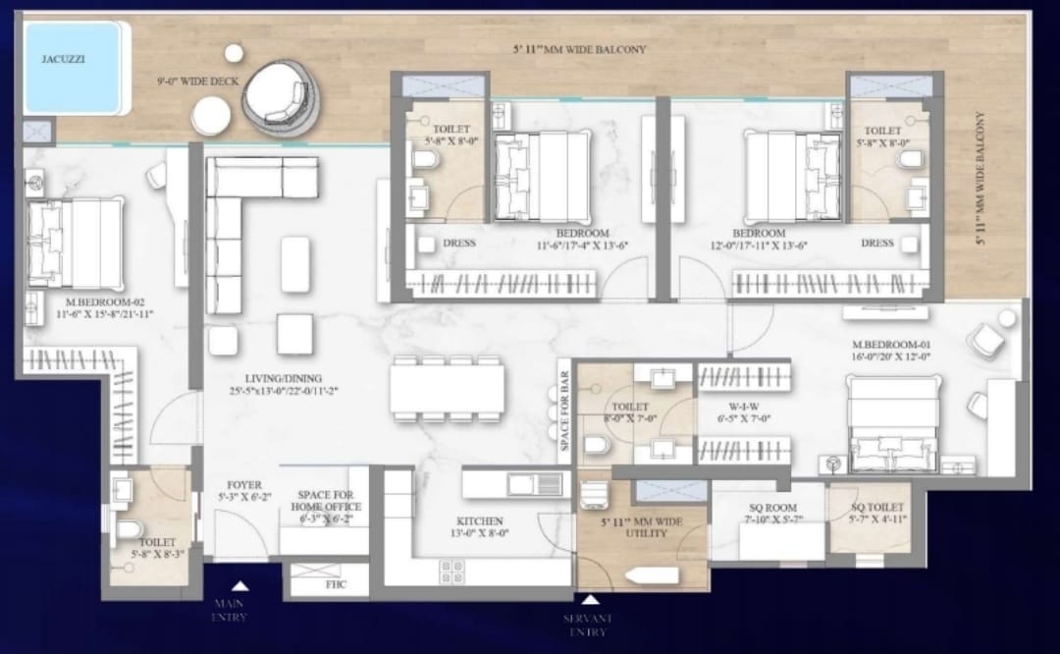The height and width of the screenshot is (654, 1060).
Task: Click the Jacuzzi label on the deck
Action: pos(63,59)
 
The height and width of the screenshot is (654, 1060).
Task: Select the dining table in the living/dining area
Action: pos(448,389)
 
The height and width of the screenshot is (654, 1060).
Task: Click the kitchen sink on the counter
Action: pos(535,484)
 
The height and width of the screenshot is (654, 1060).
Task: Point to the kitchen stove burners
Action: pos(451,572)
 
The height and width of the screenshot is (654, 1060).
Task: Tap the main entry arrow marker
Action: pos(240,585)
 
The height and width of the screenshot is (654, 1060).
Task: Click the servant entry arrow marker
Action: pos(590,600)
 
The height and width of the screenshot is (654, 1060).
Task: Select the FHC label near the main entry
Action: pos(336,584)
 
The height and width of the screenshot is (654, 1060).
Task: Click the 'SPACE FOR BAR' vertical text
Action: pos(564,410)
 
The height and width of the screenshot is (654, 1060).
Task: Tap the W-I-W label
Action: pos(744,407)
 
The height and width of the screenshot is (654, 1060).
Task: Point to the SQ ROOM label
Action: pos(772,508)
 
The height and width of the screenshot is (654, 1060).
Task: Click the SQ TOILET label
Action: pos(876,508)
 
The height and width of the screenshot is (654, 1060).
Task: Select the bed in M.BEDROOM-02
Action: pos(75,244)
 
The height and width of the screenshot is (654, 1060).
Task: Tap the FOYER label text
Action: pos(244,485)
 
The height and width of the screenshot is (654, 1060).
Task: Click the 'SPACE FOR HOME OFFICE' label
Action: pos(326,501)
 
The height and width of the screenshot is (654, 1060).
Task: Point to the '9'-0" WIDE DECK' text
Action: pos(198,82)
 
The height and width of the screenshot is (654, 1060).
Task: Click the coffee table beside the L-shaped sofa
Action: pos(295,264)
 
